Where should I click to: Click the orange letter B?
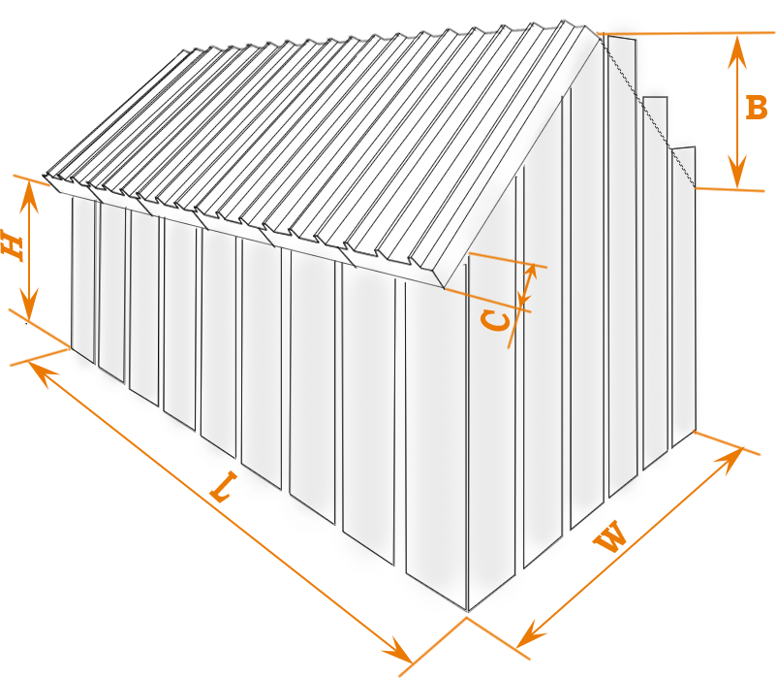pyautogui.click(x=757, y=108)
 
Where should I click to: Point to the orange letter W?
pyautogui.click(x=611, y=535)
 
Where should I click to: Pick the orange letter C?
pyautogui.click(x=495, y=320)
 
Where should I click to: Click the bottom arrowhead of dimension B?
pyautogui.click(x=737, y=172)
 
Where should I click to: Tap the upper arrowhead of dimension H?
pyautogui.click(x=30, y=197)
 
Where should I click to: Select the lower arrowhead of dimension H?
pyautogui.click(x=29, y=305)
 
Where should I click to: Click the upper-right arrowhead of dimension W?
pyautogui.click(x=730, y=460)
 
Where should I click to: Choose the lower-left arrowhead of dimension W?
pyautogui.click(x=530, y=634)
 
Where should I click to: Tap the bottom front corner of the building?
pyautogui.click(x=467, y=612)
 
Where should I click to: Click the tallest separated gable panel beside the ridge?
pyautogui.click(x=622, y=266)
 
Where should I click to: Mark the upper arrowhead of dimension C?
pyautogui.click(x=532, y=272)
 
